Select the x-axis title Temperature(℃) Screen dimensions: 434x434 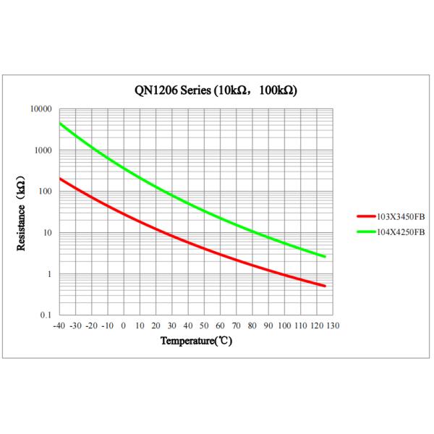[x=196, y=341]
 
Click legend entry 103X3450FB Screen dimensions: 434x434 [x=396, y=216]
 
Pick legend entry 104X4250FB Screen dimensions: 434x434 [x=396, y=231]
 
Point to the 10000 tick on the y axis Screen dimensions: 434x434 [x=41, y=109]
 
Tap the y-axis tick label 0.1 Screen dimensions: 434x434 [x=46, y=315]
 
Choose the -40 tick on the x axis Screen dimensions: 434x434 [x=59, y=325]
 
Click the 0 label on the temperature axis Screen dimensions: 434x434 [x=124, y=325]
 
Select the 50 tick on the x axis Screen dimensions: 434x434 [x=204, y=325]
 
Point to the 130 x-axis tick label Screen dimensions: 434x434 [x=332, y=325]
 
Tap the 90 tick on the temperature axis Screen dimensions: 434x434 [x=268, y=325]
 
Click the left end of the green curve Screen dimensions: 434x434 [x=60, y=124]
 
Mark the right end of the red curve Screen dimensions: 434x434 [x=325, y=286]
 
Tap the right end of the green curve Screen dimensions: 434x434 [x=325, y=256]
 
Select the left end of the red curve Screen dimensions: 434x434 [x=60, y=179]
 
